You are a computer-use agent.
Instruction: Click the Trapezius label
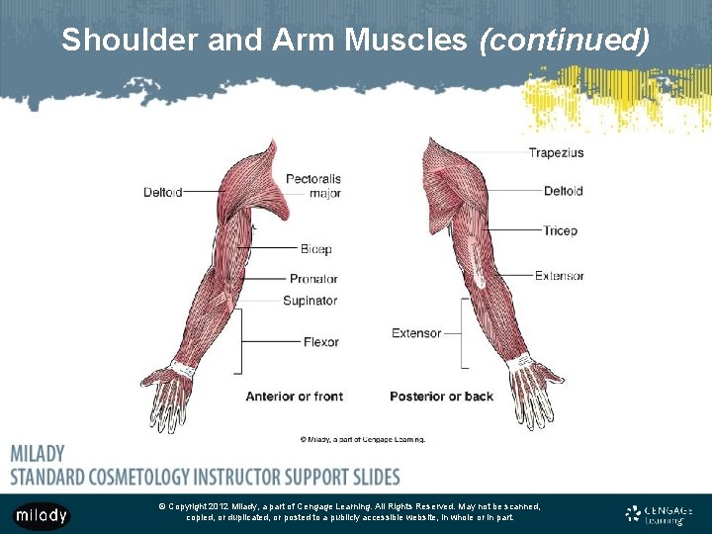(556, 152)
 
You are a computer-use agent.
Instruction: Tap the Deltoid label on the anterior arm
(162, 192)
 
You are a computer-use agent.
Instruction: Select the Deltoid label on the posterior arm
(563, 191)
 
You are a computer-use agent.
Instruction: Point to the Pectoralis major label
(312, 186)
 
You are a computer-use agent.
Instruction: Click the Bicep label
(316, 249)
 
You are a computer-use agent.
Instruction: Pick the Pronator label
(313, 279)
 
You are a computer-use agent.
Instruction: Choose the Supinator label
(310, 301)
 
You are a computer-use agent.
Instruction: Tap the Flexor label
(320, 342)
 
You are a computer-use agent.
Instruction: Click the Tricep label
(560, 230)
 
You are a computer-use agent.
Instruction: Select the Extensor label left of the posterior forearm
(416, 333)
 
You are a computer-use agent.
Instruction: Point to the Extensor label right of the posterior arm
(560, 276)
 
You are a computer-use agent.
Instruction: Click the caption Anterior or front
(294, 397)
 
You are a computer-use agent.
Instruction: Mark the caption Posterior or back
(441, 397)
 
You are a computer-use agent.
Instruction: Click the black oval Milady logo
(42, 515)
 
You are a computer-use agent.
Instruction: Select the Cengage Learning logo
(659, 514)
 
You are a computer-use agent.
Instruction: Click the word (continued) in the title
(564, 41)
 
